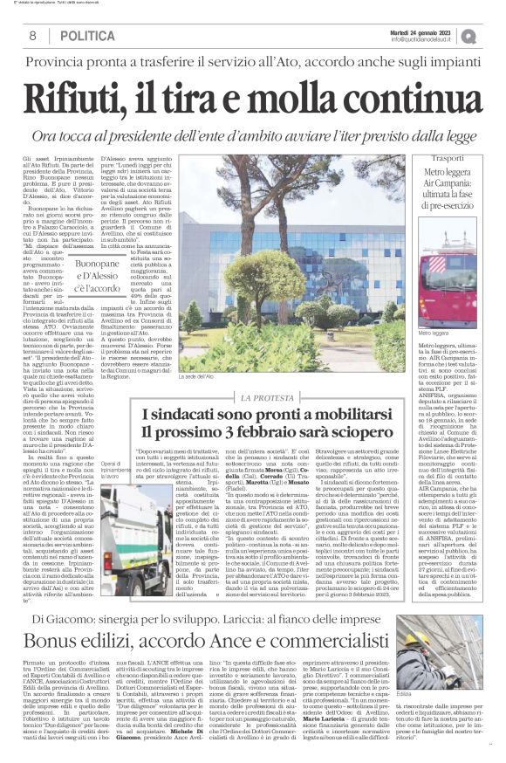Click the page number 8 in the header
tap(31, 36)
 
